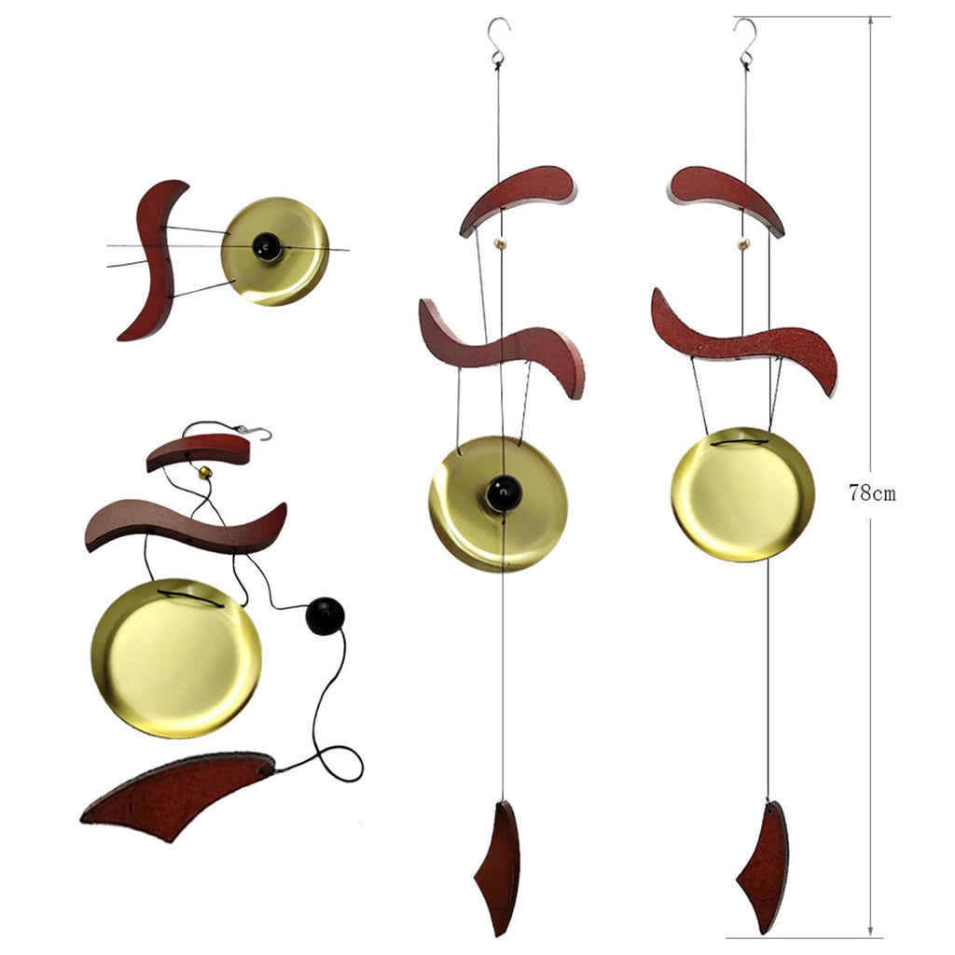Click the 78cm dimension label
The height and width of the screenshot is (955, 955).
[x=872, y=493]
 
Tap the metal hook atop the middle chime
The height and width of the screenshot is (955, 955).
[x=499, y=41]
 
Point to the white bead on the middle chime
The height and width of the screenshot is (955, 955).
[x=501, y=243]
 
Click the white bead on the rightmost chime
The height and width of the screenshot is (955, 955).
[x=743, y=243]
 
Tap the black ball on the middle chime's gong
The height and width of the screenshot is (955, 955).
[x=504, y=493]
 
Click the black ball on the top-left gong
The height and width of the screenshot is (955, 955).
[x=267, y=246]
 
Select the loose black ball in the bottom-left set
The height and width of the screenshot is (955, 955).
[x=325, y=616]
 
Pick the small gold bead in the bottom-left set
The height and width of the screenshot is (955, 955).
[x=205, y=472]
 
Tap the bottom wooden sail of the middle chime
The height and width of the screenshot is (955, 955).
[x=498, y=869]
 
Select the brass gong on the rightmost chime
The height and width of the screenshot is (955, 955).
[x=742, y=494]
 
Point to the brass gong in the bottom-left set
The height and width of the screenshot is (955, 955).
[x=176, y=658]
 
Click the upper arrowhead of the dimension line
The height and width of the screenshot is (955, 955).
[x=870, y=21]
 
